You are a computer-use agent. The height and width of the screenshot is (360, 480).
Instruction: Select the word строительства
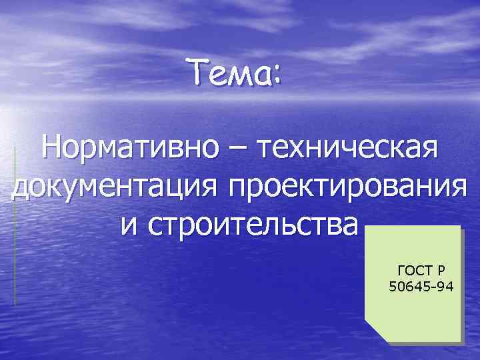tap(253, 225)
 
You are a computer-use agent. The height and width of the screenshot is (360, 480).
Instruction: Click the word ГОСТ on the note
tap(413, 271)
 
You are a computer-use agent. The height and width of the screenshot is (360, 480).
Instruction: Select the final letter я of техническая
tap(429, 149)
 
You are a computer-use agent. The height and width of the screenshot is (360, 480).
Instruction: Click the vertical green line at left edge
tap(15, 227)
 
